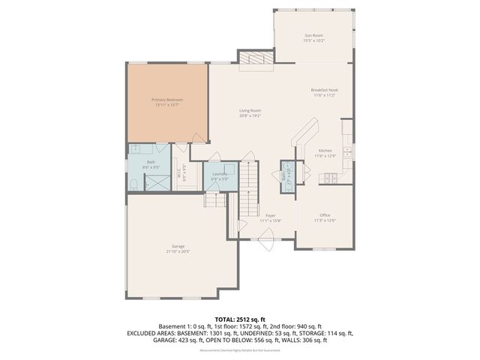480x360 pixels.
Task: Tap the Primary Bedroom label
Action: point(167,100)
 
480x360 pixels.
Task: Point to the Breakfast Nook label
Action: point(325,91)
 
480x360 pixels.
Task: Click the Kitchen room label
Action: point(325,151)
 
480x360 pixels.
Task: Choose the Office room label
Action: point(325,215)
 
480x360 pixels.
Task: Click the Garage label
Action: point(178,246)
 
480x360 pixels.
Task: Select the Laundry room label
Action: point(219,174)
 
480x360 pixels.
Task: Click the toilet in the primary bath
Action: point(133,184)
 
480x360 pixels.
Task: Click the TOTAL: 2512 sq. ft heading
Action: point(240,318)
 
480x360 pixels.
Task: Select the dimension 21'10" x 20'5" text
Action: point(178,252)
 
